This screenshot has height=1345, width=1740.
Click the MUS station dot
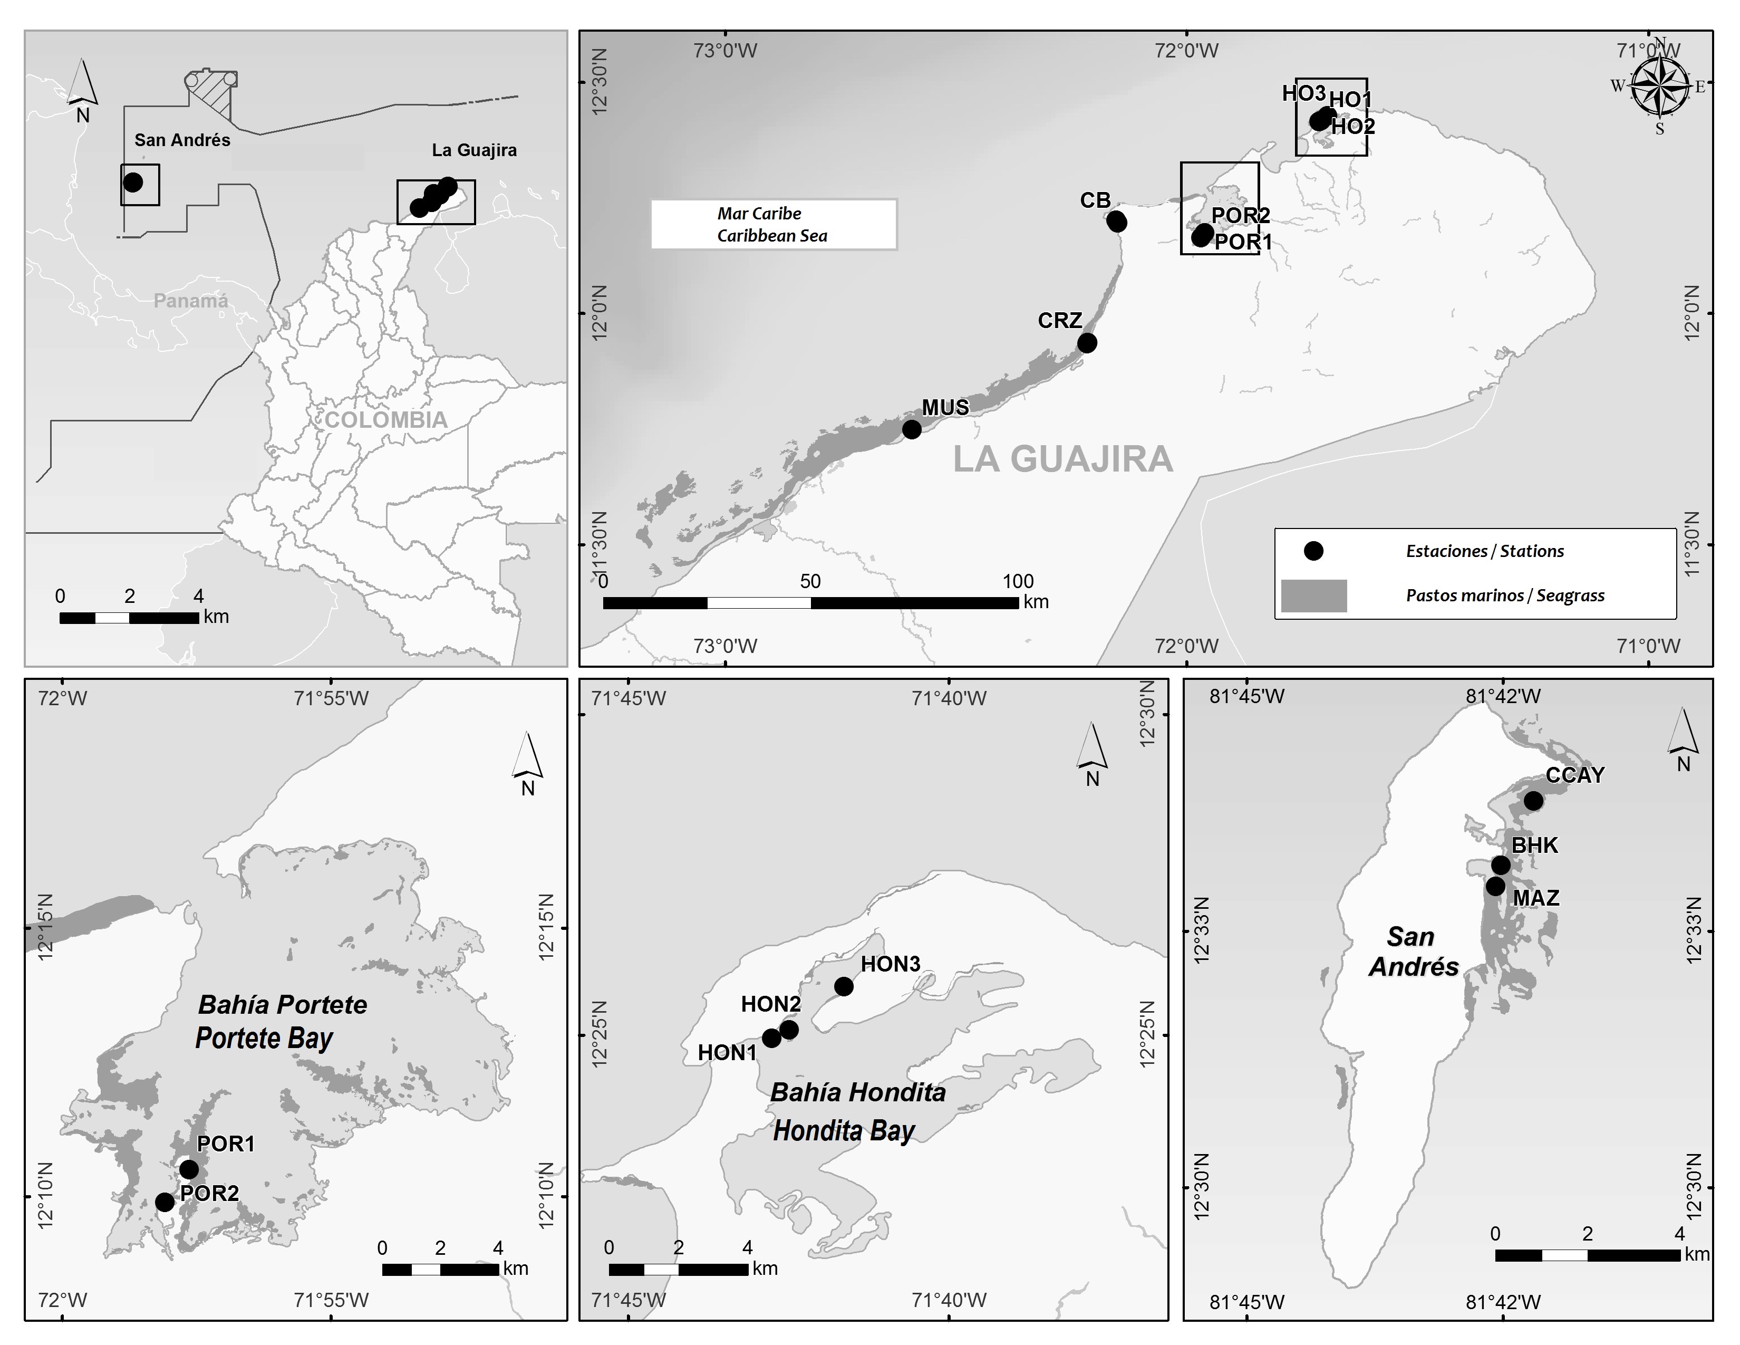912,429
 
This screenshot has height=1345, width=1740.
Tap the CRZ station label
1060,320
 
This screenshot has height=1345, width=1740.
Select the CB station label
1095,200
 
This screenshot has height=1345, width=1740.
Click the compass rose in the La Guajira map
1659,86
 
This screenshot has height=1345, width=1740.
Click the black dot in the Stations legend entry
1313,551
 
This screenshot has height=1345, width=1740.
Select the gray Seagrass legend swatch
1313,595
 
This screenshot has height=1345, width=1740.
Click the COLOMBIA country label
386,420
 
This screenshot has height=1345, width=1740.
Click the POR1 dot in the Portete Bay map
189,1169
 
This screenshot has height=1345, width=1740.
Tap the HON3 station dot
844,986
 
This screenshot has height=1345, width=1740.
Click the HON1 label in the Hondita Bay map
727,1053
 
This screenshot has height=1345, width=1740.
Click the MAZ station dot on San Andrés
1495,886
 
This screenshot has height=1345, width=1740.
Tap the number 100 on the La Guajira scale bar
1018,581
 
